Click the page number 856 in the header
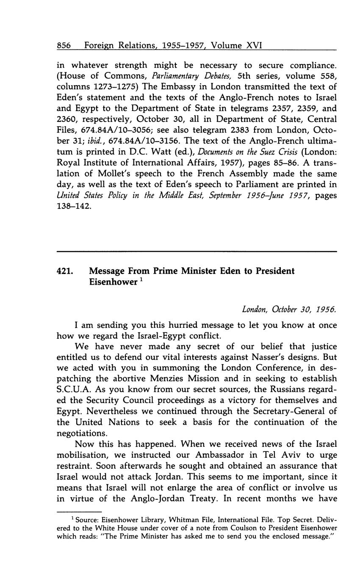point(64,45)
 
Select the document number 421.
point(65,271)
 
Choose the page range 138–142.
point(74,207)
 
